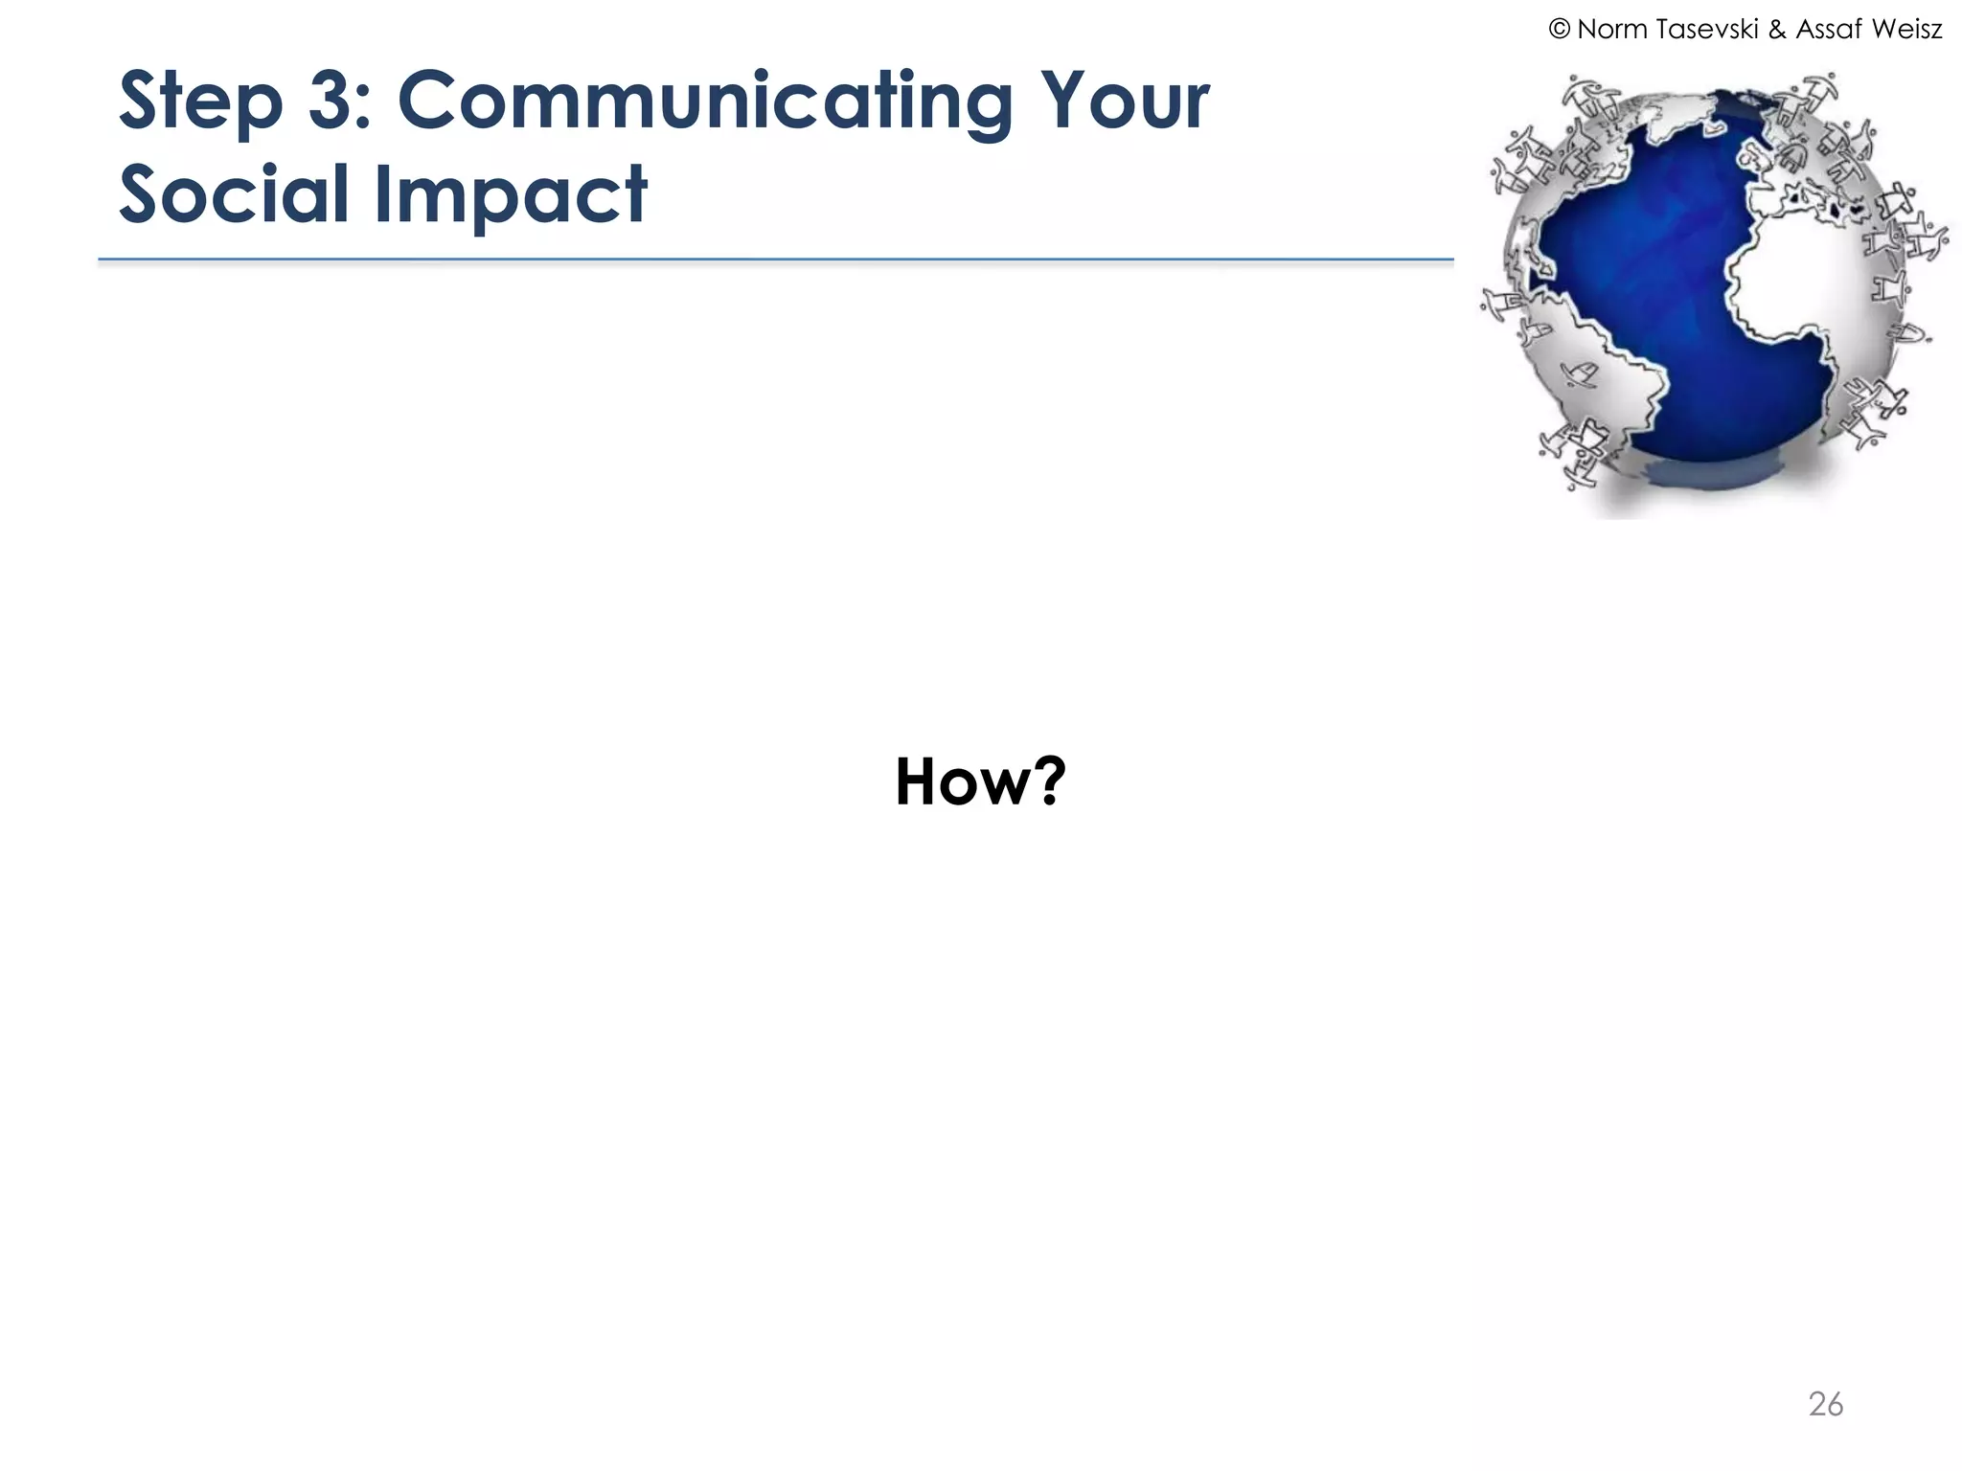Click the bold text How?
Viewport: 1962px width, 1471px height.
[x=979, y=781]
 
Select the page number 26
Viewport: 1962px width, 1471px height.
[x=1825, y=1404]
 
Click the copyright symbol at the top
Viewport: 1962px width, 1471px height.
[x=1559, y=30]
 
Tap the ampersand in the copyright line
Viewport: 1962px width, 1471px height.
[x=1777, y=30]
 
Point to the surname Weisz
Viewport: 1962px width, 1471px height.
[x=1905, y=30]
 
